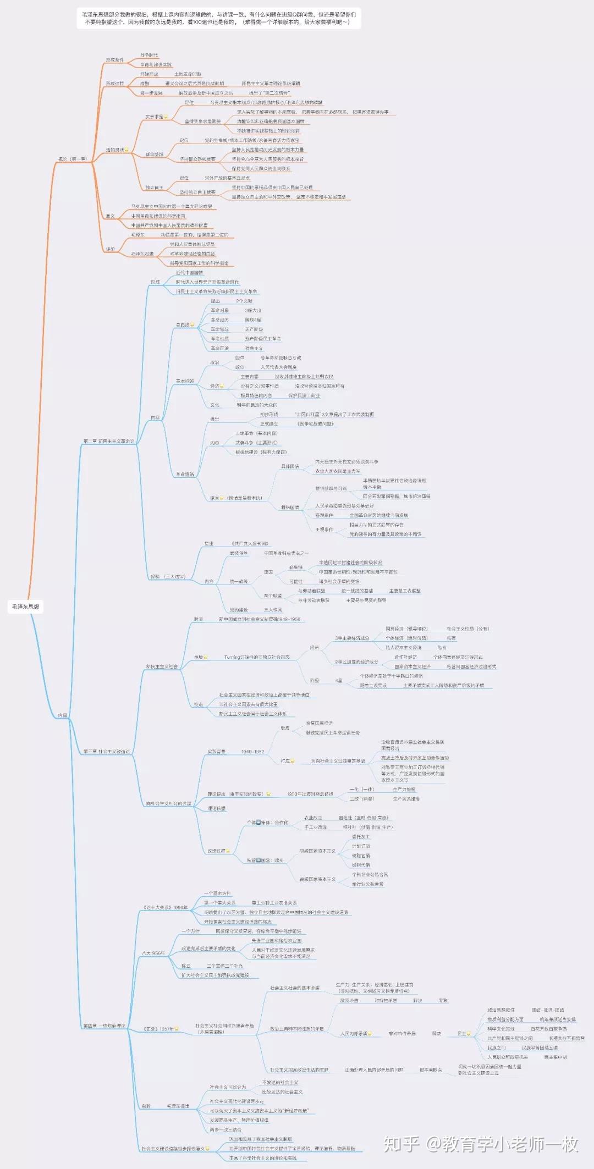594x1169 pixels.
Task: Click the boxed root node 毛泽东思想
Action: (26, 606)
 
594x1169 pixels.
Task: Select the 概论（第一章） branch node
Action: (73, 159)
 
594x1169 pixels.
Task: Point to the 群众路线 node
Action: (155, 155)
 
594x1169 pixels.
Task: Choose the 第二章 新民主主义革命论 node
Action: (109, 441)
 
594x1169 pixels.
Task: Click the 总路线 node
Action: (183, 324)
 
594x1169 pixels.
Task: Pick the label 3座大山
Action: (253, 311)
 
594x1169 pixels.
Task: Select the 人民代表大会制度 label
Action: (278, 367)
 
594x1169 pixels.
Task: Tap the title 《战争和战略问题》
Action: (315, 424)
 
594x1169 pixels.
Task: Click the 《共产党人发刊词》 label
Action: (250, 543)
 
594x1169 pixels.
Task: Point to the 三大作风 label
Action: (273, 610)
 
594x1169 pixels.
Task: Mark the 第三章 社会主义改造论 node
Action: (107, 751)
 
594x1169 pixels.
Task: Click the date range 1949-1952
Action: (252, 752)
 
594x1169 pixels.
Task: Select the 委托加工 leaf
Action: (361, 836)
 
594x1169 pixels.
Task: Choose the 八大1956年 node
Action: (153, 953)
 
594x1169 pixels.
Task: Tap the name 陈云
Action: (186, 966)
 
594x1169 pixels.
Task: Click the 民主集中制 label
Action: (555, 1057)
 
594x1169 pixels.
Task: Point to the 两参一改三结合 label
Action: (226, 1130)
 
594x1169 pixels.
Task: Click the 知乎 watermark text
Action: (401, 1144)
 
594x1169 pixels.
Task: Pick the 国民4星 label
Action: (253, 320)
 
